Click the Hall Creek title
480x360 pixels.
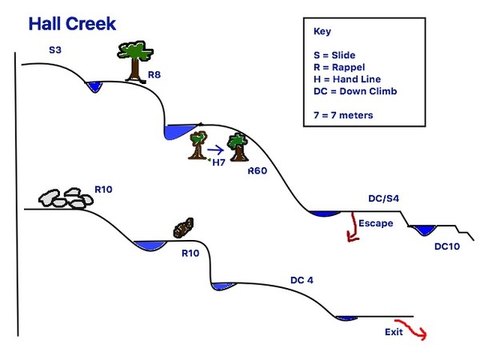pos(72,24)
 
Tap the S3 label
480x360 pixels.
pos(55,50)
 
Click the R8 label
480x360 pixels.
pos(156,77)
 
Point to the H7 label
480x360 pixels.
pos(218,162)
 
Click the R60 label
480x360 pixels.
pos(258,170)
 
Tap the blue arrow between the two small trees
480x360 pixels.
pos(214,148)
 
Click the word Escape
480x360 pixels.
pos(375,223)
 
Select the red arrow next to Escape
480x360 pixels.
pos(350,226)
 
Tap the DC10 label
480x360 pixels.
pos(447,246)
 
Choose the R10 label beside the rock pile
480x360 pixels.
pos(105,190)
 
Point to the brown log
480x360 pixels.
pos(184,228)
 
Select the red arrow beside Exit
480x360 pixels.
pos(418,330)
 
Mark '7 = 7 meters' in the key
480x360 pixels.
pos(344,115)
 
